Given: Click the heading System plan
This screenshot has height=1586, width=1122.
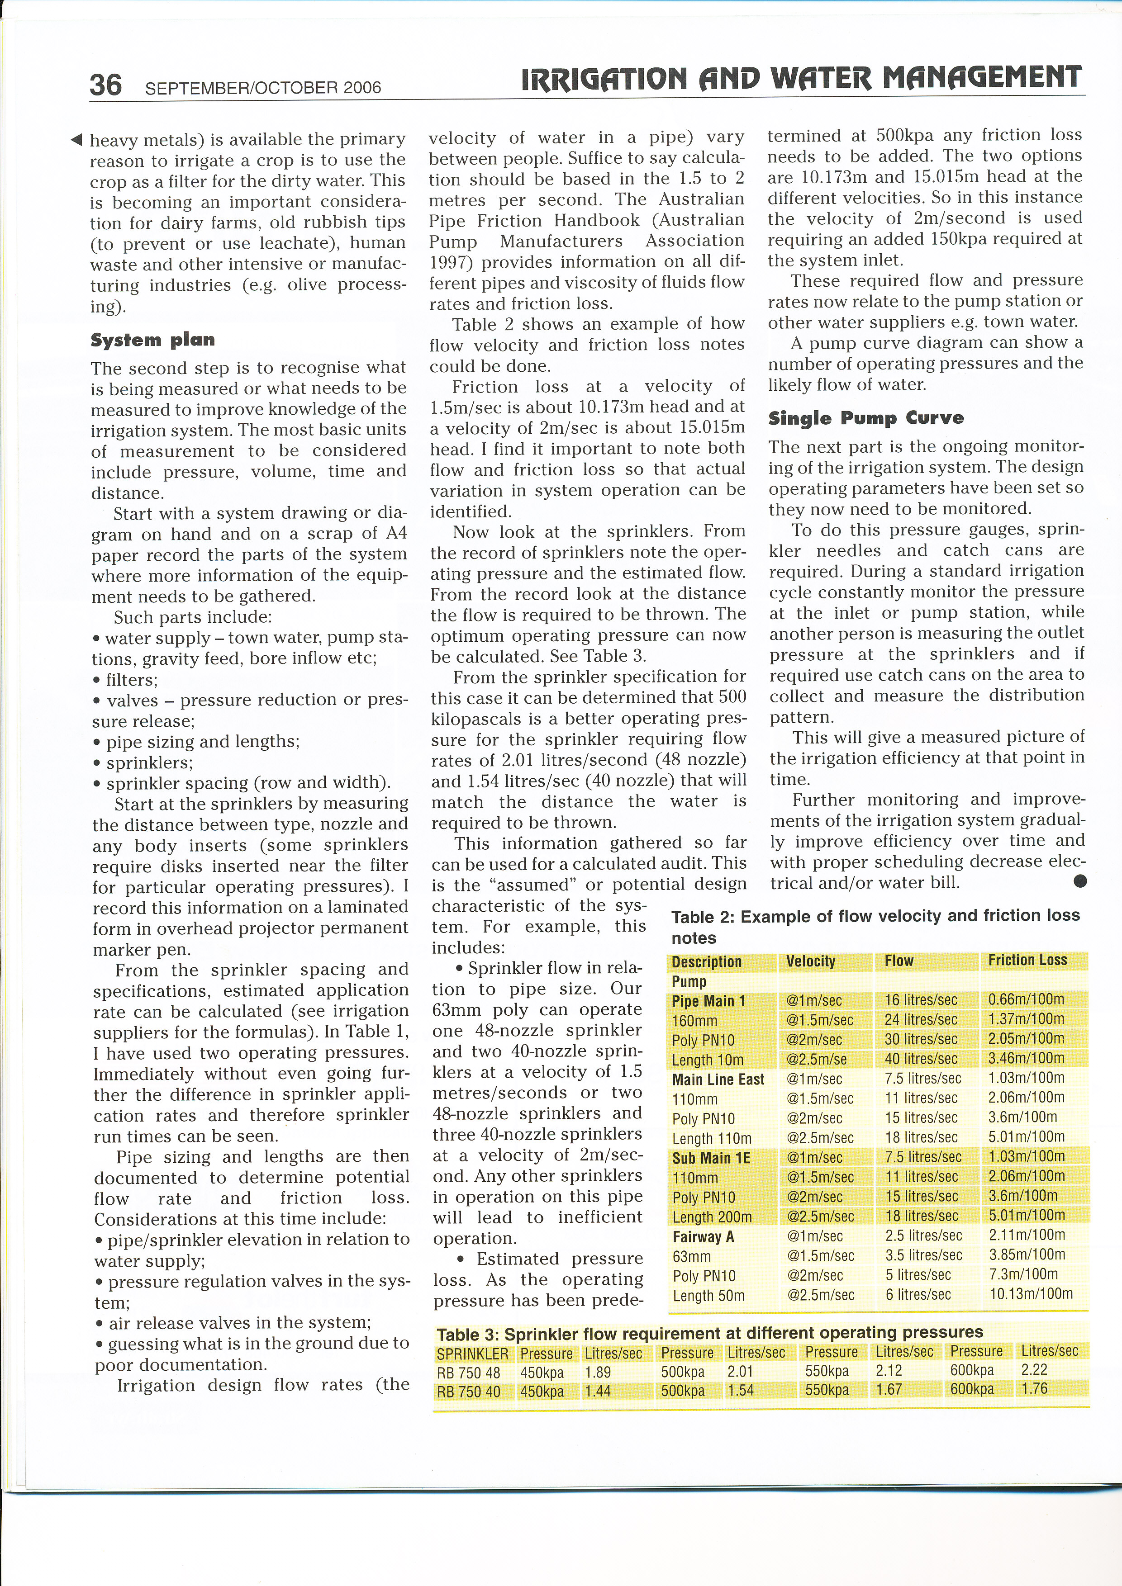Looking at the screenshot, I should [x=152, y=340].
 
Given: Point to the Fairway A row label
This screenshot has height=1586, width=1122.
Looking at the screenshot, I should [x=703, y=1236].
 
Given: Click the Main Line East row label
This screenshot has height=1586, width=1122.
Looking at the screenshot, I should [x=718, y=1079].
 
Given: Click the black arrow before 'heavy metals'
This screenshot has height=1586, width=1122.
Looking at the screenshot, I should [x=77, y=140].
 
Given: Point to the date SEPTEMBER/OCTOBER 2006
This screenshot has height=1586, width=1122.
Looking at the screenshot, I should [x=263, y=88].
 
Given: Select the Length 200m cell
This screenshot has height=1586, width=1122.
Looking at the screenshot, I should [x=712, y=1217].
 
